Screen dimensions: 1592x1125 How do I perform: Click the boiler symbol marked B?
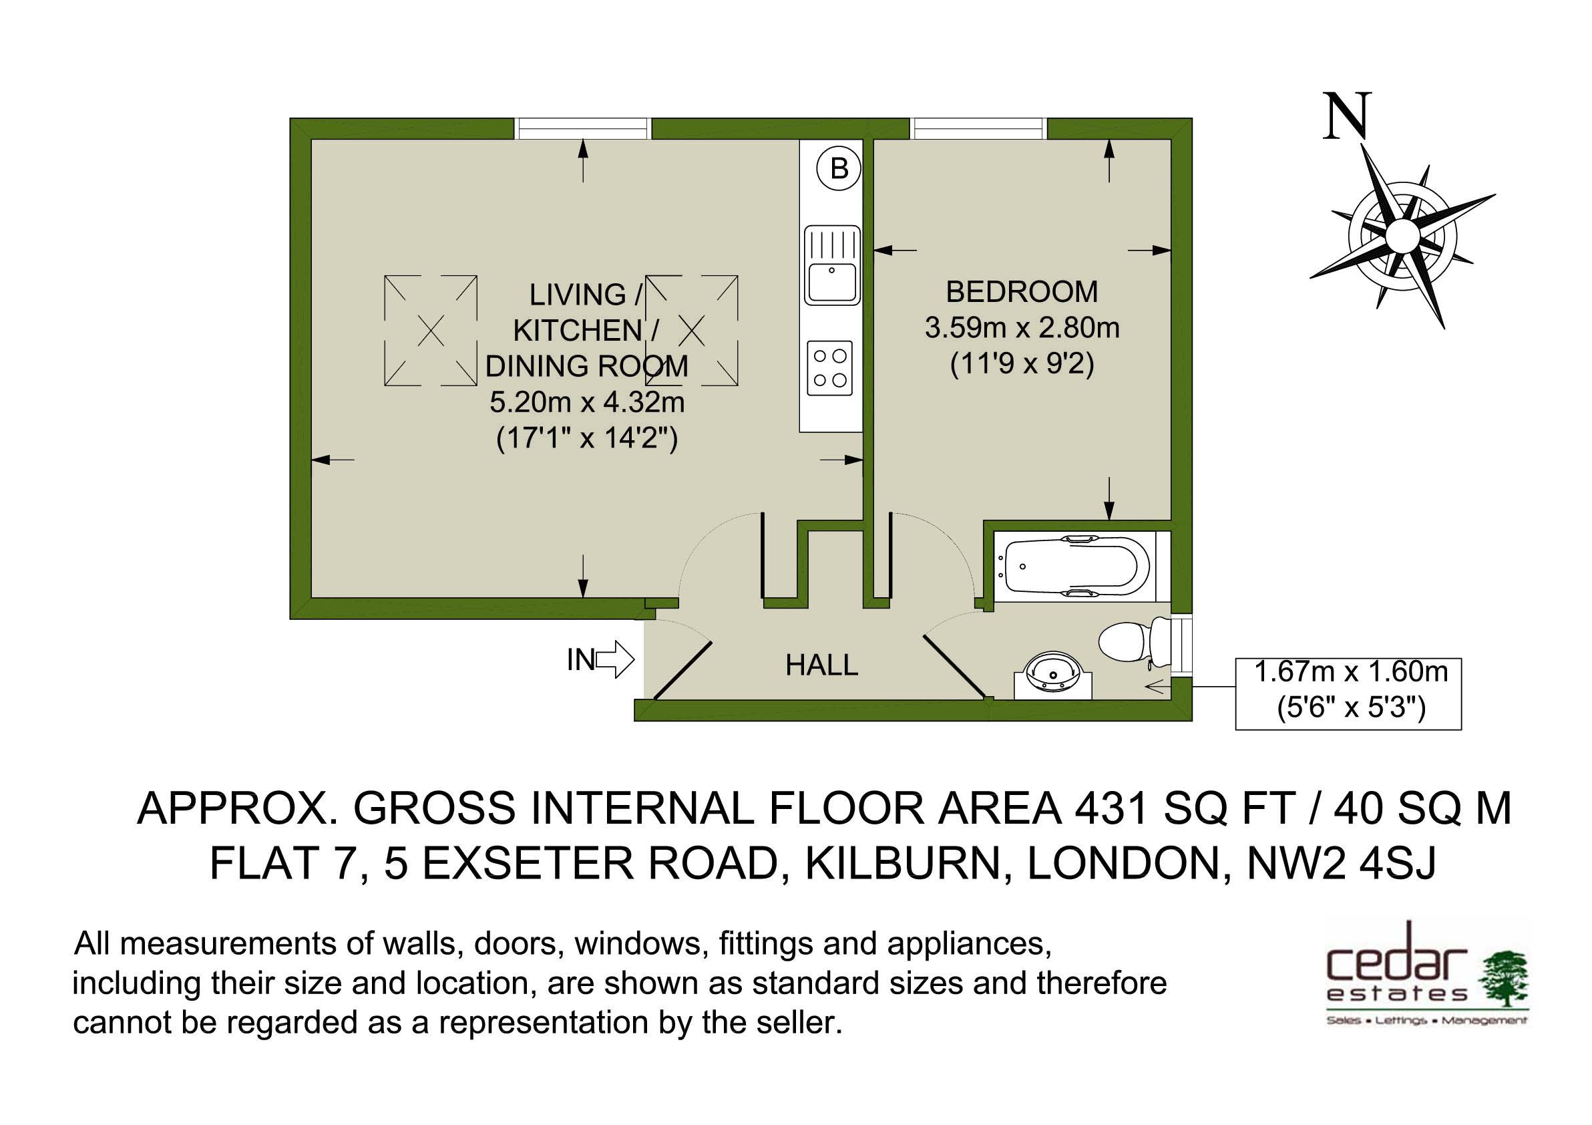point(839,168)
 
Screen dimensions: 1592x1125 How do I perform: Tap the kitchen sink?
point(831,265)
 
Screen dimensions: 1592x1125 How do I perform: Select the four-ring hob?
point(830,368)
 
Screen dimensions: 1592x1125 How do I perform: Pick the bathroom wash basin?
point(1052,675)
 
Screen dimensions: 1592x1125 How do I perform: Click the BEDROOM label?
point(1021,292)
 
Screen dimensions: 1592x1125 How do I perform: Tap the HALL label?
point(821,665)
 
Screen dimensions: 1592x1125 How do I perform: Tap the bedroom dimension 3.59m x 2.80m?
point(1021,327)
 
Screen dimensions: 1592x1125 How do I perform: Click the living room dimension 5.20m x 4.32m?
point(586,402)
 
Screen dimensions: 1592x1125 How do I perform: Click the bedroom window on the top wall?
point(978,128)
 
